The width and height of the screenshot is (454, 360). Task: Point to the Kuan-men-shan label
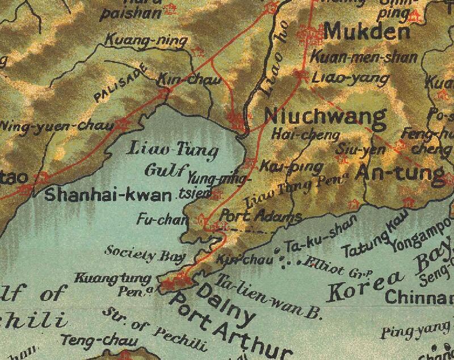(x=364, y=57)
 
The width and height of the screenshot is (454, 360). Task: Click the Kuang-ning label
(x=138, y=41)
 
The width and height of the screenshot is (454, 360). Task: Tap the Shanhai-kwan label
(x=108, y=195)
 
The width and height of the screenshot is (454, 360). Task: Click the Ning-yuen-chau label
(x=57, y=125)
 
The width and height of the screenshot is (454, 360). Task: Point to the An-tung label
(x=400, y=173)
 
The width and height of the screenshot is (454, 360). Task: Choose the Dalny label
(x=224, y=307)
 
